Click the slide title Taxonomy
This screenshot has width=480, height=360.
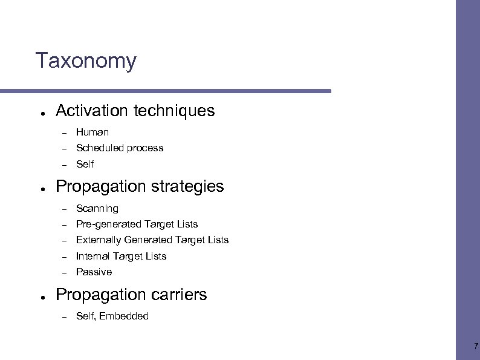tap(86, 61)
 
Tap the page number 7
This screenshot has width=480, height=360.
tap(475, 347)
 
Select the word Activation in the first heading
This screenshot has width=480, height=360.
tap(92, 111)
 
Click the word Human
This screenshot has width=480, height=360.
tap(92, 132)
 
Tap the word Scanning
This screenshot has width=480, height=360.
tap(97, 209)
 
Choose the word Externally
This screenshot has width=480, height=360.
tap(99, 240)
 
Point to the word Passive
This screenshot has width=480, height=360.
tap(94, 272)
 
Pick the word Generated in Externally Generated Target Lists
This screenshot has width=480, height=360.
tap(146, 240)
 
